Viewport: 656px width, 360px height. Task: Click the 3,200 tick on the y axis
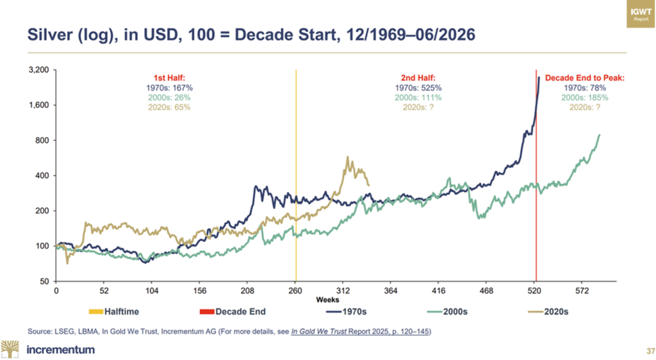tap(38, 70)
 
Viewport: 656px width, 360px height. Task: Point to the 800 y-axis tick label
tap(42, 140)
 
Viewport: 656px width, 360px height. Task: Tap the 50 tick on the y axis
tap(44, 281)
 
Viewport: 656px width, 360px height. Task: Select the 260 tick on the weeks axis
tap(295, 291)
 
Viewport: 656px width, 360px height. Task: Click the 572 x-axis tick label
tap(582, 291)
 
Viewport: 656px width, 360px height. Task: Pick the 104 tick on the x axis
tap(152, 291)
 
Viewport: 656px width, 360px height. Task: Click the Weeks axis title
tap(327, 300)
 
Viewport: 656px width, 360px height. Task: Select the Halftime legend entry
tap(114, 311)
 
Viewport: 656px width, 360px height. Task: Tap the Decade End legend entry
tap(233, 311)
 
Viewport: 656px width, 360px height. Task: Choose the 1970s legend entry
tap(346, 311)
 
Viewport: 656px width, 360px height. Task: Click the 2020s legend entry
tap(548, 311)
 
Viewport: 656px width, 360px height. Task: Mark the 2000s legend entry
tap(447, 311)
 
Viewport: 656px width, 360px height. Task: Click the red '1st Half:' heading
tap(169, 78)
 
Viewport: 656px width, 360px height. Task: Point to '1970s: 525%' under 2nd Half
tap(418, 88)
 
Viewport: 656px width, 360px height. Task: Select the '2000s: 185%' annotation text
tap(584, 97)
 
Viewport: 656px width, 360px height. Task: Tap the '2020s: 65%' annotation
tap(169, 107)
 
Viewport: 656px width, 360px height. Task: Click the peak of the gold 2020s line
tap(347, 157)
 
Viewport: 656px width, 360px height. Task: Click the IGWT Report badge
tap(641, 14)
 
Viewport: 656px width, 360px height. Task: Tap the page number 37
tap(651, 350)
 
